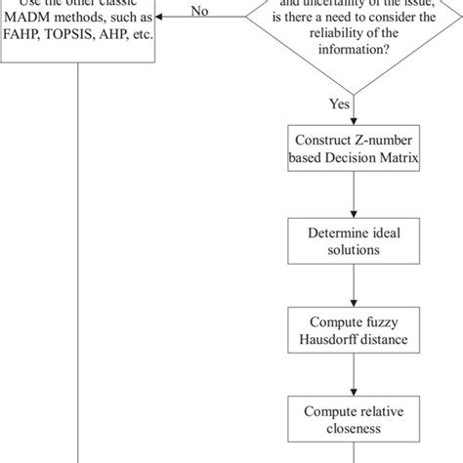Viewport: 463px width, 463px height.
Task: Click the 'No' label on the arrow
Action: pyautogui.click(x=200, y=11)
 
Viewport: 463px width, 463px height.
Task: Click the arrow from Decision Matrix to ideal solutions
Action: pyautogui.click(x=352, y=196)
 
